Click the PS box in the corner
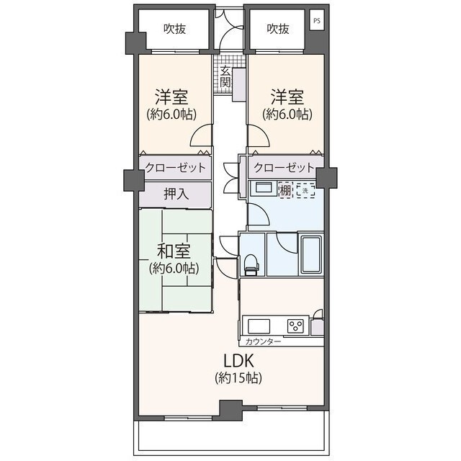pos(317,20)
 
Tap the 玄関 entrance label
pos(225,77)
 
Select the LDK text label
pos(238,361)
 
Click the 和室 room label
pos(174,251)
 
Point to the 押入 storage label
pos(176,194)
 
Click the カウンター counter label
pos(263,341)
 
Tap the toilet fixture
pos(251,265)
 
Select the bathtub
pos(311,255)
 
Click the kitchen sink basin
pos(259,326)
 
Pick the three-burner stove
pos(295,326)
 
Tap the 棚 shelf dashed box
pos(285,190)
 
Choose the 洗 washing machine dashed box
pos(305,190)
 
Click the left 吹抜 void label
pos(174,29)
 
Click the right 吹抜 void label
pos(278,29)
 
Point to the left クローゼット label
pos(175,168)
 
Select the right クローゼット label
pos(284,168)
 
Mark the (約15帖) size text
pos(238,377)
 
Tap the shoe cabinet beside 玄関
pos(239,84)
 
